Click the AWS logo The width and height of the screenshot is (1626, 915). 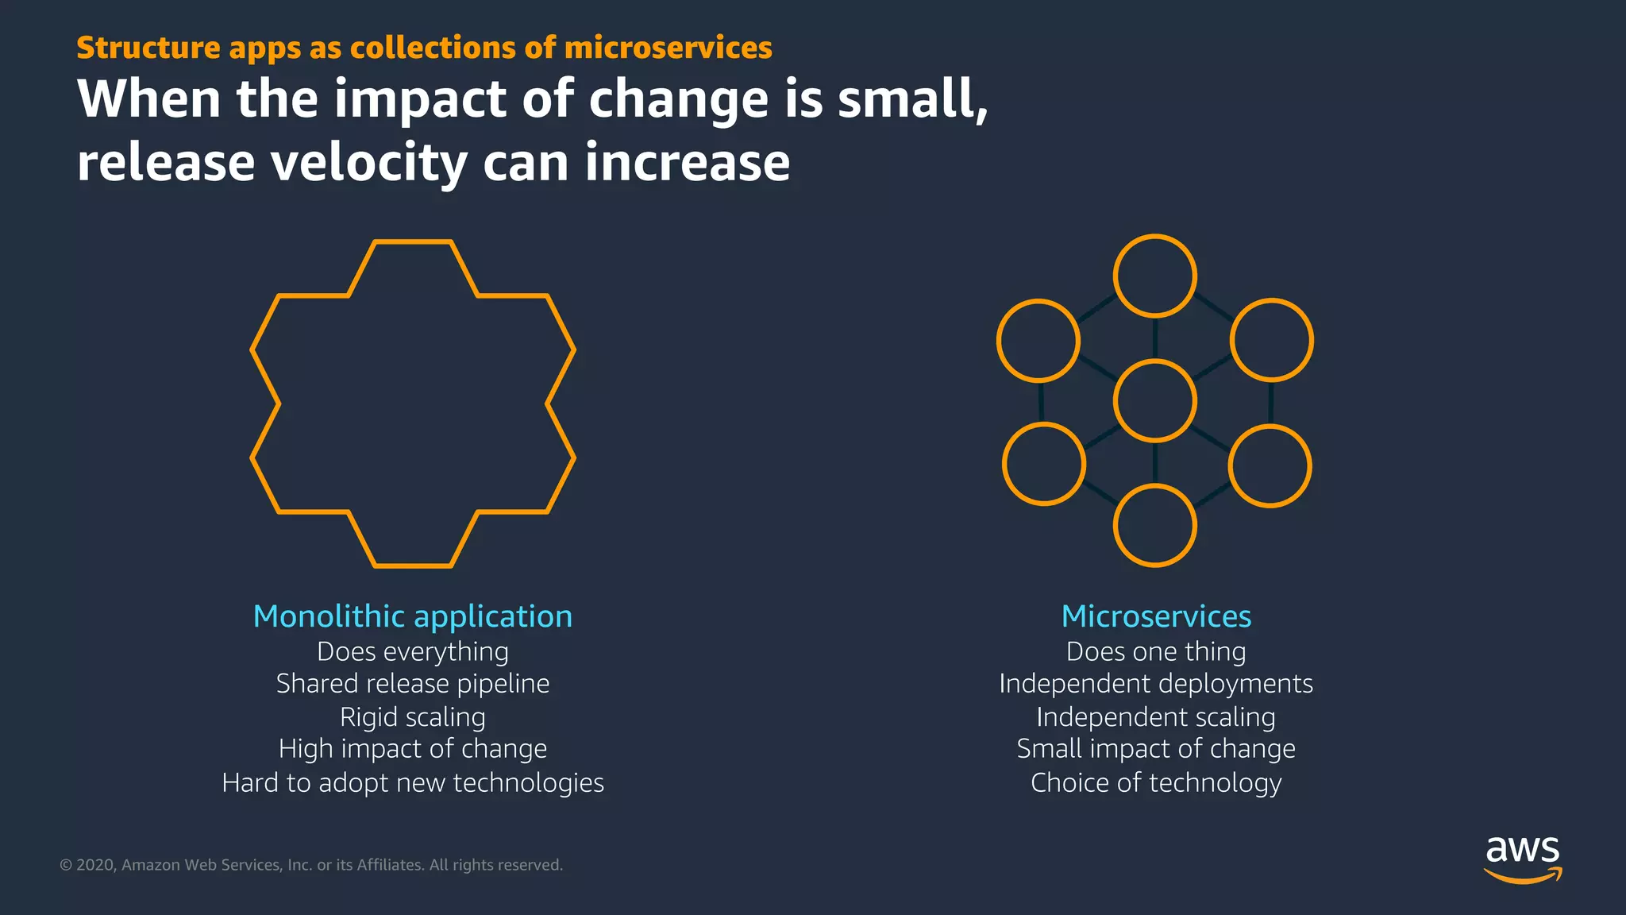(x=1522, y=858)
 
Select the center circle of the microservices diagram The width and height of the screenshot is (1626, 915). (x=1154, y=400)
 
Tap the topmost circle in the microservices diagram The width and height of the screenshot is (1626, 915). (x=1154, y=276)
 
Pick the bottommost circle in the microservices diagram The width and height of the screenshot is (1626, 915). (x=1154, y=526)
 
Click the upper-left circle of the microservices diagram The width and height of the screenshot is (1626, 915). (x=1038, y=340)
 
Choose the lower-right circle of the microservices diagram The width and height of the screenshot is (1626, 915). (x=1270, y=466)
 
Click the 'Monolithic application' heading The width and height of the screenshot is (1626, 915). (x=412, y=616)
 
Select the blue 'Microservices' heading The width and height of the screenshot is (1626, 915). (x=1156, y=616)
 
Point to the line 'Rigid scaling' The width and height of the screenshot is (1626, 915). (x=412, y=716)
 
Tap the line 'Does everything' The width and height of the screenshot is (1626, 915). (x=412, y=651)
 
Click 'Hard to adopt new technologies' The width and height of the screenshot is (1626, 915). (x=412, y=782)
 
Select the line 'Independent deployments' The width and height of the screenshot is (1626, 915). (x=1156, y=683)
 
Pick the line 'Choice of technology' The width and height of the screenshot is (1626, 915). (x=1156, y=782)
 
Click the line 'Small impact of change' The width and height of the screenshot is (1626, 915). (x=1156, y=748)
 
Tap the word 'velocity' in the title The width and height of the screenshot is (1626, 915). (x=369, y=162)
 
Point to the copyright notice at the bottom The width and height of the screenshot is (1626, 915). (x=311, y=865)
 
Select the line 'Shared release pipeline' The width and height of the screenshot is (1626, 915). (x=412, y=683)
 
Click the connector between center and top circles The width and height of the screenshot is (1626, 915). (x=1154, y=338)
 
